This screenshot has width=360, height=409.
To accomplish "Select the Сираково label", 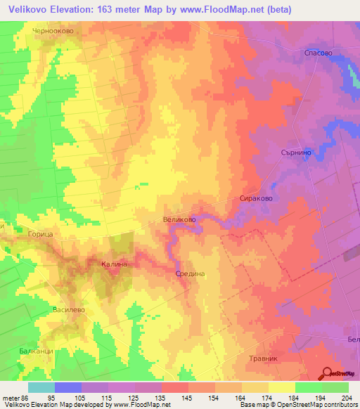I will pyautogui.click(x=256, y=199).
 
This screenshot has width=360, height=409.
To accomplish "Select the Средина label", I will pyautogui.click(x=190, y=274).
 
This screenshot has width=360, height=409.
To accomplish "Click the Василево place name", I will pyautogui.click(x=69, y=309).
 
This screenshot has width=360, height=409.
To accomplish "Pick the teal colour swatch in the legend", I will pyautogui.click(x=41, y=387).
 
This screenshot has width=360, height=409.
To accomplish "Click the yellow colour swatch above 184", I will pyautogui.click(x=282, y=387).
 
